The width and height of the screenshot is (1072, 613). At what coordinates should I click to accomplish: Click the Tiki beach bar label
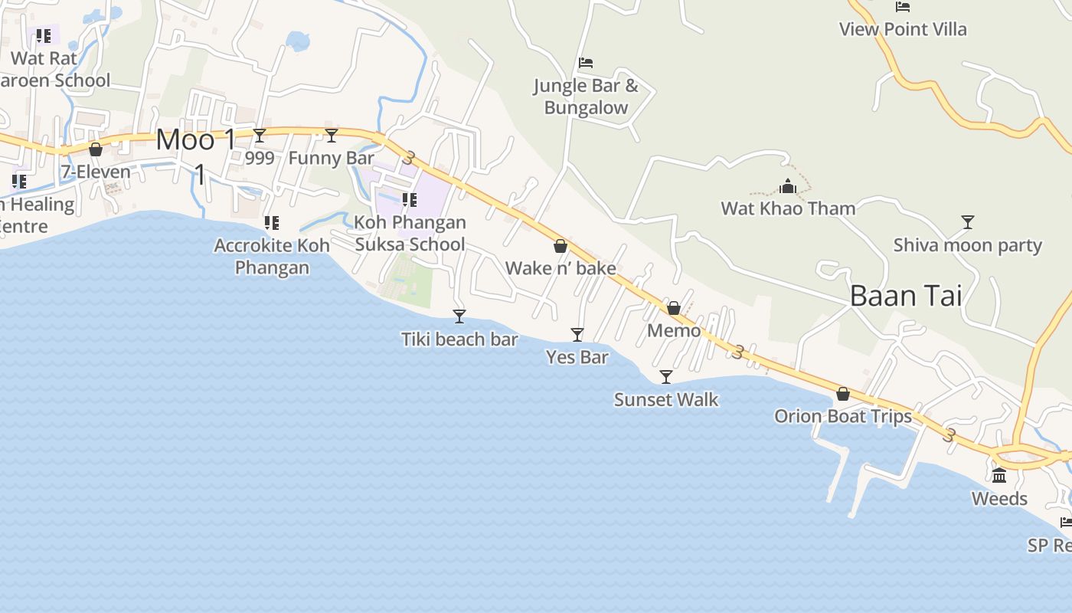click(459, 339)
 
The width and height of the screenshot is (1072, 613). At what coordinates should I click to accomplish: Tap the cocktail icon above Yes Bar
click(577, 335)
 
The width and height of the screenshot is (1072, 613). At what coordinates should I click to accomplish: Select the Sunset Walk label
click(666, 399)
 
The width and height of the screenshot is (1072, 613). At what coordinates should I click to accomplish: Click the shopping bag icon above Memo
click(674, 308)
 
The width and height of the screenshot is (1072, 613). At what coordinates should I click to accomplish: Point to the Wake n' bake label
click(561, 268)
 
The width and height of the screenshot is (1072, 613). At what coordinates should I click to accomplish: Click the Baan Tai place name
click(906, 296)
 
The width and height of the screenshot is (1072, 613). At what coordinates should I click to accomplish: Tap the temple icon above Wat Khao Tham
click(788, 186)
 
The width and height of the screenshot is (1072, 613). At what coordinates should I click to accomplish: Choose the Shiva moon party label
click(967, 245)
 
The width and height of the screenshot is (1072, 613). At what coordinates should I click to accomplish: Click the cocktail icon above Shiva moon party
click(968, 222)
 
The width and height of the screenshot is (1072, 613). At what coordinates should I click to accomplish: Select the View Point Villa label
click(903, 29)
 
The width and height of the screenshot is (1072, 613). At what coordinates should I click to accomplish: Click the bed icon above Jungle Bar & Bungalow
click(586, 63)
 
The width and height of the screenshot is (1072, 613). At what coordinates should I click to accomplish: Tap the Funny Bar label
click(332, 159)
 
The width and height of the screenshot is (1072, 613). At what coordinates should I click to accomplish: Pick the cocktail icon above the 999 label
click(260, 136)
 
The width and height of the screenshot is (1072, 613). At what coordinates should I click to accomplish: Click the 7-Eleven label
click(96, 172)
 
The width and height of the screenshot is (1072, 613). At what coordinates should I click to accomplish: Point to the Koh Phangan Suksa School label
click(410, 233)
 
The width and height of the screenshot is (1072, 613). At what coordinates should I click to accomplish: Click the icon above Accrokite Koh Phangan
click(272, 223)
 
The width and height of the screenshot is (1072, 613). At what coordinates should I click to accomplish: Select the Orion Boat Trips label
click(843, 416)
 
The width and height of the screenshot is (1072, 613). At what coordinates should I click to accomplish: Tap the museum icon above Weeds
click(999, 476)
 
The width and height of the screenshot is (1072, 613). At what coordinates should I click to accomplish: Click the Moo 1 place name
click(197, 140)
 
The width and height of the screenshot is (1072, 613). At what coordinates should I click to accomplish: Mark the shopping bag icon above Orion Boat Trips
click(843, 394)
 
